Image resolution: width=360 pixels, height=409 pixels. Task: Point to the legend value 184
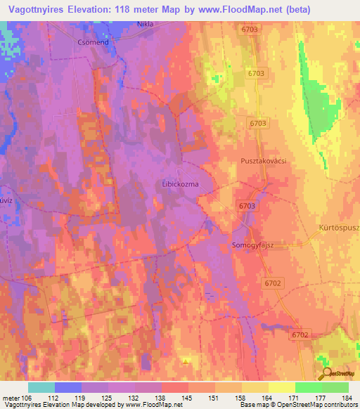(x=346, y=398)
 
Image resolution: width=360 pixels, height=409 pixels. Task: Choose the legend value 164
(x=267, y=398)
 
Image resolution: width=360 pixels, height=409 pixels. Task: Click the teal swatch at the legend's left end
(x=41, y=387)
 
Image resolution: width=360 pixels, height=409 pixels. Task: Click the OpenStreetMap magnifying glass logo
(x=326, y=374)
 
